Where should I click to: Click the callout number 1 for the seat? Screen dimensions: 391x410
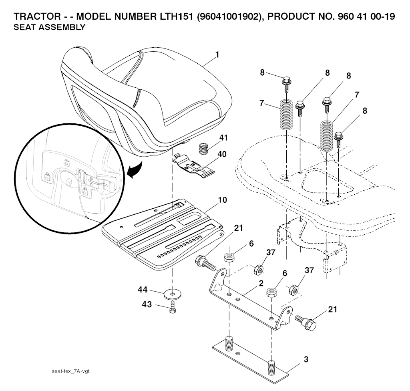(x=217, y=55)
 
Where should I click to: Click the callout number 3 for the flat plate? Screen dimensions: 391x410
(x=306, y=359)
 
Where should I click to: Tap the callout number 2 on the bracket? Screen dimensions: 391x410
(x=261, y=283)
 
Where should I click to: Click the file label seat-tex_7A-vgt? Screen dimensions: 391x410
(x=70, y=371)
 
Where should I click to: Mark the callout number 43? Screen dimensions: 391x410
(x=147, y=304)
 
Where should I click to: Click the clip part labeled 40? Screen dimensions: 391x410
(x=194, y=164)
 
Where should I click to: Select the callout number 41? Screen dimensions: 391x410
(x=223, y=138)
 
